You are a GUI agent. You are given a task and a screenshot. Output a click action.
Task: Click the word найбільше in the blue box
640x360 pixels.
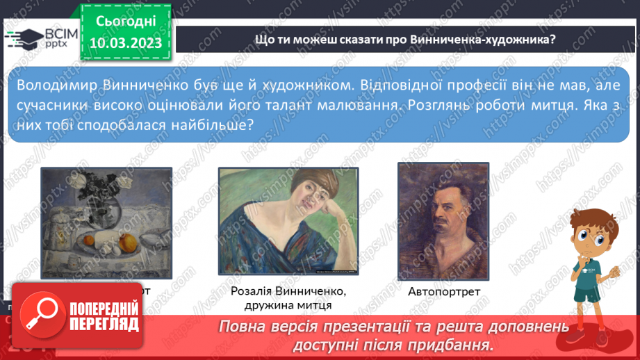point(211,124)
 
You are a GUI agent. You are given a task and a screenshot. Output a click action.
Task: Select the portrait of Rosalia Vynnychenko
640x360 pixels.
point(288,221)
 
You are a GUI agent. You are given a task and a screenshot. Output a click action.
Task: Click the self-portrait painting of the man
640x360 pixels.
point(443,220)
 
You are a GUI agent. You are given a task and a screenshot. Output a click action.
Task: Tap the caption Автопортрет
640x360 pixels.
point(443,291)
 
